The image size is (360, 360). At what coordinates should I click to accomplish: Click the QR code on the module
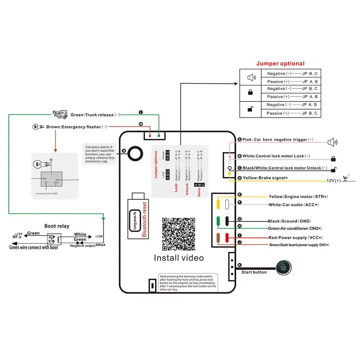[179, 234]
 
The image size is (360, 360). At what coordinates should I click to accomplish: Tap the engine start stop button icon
[283, 267]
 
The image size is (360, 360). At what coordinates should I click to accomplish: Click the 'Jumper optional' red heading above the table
[280, 64]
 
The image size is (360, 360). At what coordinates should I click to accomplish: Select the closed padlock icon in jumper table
[251, 93]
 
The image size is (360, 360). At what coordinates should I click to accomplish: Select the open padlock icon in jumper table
[251, 109]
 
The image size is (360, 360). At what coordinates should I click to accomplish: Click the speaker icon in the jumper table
[251, 77]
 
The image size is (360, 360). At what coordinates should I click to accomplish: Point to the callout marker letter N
[124, 151]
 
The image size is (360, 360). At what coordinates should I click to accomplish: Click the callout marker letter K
[239, 265]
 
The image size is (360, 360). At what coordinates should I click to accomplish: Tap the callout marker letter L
[141, 112]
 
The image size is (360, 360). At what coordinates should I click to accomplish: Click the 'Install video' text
[179, 258]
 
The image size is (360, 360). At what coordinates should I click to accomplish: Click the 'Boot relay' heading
[57, 226]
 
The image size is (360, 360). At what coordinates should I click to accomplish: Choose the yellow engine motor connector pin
[218, 204]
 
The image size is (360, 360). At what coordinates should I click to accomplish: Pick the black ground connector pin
[227, 221]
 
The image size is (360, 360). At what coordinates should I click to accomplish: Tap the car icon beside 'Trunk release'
[60, 114]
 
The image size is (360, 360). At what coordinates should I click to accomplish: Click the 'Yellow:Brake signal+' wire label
[266, 178]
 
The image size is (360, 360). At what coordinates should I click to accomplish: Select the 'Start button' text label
[254, 272]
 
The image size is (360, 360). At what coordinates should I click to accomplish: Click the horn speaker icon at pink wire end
[332, 142]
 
